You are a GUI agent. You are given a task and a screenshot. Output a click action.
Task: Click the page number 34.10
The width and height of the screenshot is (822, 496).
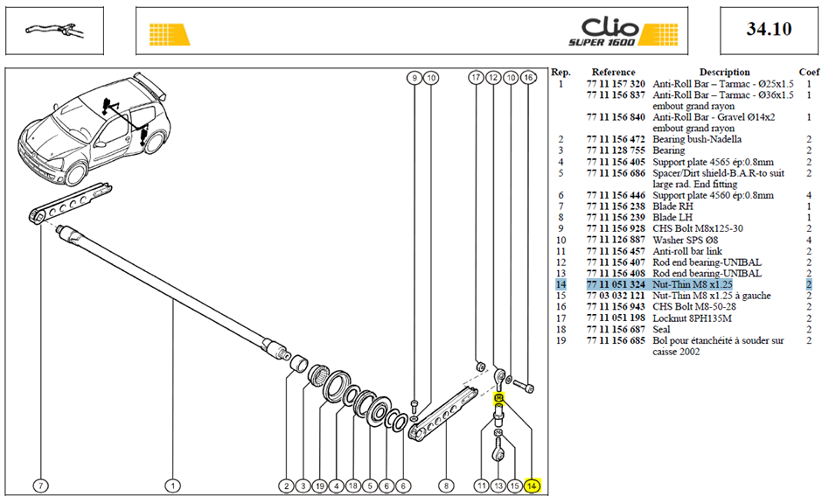769,29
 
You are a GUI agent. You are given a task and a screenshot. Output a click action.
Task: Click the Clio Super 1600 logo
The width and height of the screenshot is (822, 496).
623,32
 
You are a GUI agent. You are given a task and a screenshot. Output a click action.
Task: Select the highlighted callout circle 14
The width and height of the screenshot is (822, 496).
532,486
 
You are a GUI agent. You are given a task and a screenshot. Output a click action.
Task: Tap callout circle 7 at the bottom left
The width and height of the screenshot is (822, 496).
40,486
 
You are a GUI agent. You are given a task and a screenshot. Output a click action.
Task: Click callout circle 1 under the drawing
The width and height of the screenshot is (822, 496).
173,486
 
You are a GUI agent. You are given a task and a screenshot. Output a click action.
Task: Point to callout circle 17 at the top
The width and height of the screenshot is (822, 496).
476,78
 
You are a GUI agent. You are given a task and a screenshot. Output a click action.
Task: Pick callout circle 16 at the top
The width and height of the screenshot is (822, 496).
528,78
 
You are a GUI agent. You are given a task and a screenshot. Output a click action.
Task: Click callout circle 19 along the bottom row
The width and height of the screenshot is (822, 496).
320,486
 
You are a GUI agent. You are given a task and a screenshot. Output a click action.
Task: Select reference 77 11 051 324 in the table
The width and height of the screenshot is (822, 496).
616,284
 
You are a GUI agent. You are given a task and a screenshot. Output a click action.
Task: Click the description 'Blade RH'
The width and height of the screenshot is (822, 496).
672,206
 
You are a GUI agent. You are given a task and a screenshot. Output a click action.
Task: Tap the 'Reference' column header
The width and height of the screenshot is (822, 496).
613,73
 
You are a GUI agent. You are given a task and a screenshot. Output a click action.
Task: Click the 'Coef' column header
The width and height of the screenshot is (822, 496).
809,73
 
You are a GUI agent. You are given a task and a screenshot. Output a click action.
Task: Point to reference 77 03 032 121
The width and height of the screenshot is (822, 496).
616,296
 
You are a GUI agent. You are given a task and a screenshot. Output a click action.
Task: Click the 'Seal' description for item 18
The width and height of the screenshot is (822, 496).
661,329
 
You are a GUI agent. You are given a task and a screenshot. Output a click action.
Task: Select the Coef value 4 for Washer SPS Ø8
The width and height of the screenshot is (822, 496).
809,241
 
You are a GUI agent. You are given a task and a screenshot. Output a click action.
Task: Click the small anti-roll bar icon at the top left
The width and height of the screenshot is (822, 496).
54,30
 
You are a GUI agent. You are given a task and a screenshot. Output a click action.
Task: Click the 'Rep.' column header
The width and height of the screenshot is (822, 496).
561,73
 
